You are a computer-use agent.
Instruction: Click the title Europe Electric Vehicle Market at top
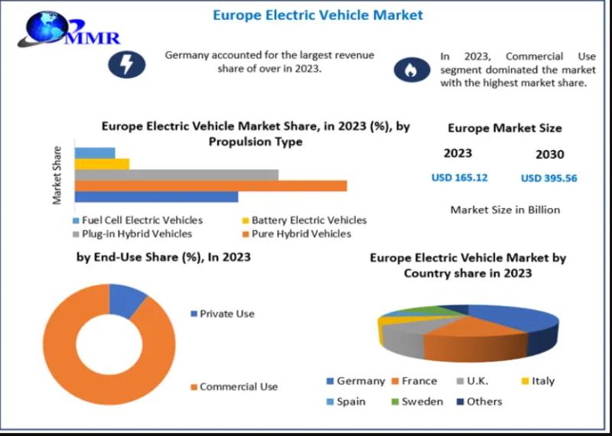(x=317, y=15)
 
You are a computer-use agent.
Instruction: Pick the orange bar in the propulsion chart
(x=210, y=186)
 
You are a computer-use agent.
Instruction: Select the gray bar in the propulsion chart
(x=176, y=174)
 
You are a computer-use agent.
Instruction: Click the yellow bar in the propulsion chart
(x=102, y=164)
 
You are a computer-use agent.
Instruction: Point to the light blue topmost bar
(x=95, y=152)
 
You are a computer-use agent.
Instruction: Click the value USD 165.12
(x=459, y=177)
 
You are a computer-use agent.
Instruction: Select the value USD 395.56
(x=549, y=178)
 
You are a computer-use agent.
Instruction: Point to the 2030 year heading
(x=549, y=155)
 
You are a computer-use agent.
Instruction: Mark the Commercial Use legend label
(x=238, y=387)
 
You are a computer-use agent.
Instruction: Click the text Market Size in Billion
(x=505, y=210)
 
